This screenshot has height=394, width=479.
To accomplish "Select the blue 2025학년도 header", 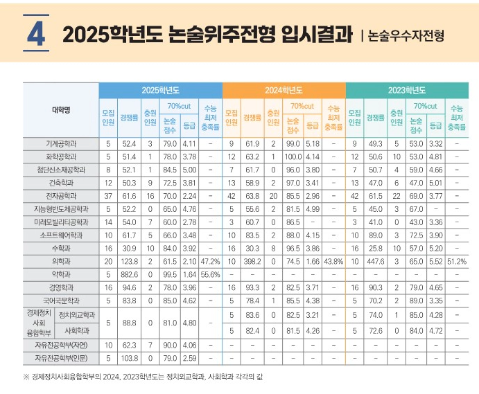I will click(x=160, y=91).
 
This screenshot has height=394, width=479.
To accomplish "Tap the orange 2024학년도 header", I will click(x=284, y=91).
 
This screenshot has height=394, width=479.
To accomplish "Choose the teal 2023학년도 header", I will click(x=407, y=91).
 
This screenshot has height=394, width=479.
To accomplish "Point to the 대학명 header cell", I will click(x=61, y=111).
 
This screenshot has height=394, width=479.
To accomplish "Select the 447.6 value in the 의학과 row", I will click(x=376, y=262).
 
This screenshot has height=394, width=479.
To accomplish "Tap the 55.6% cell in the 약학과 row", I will click(x=210, y=275).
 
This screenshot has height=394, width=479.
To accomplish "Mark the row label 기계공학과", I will click(x=61, y=143).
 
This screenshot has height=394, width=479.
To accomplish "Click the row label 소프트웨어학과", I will click(x=61, y=235).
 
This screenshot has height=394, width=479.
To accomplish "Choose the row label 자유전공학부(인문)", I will click(x=61, y=357).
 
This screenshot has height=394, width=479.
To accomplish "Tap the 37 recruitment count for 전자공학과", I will click(x=108, y=196).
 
